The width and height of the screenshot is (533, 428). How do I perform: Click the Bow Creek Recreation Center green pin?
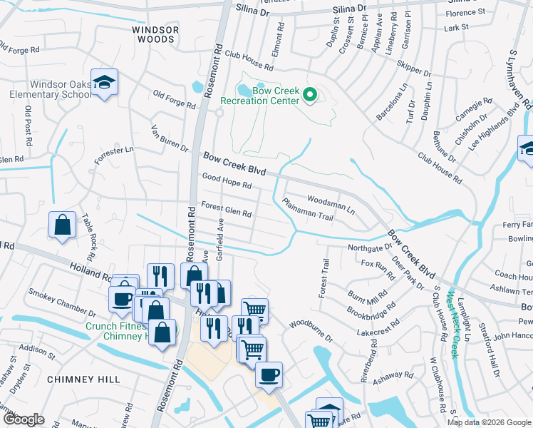pyautogui.click(x=310, y=93)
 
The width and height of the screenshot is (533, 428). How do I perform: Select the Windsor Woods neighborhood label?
pyautogui.click(x=154, y=34)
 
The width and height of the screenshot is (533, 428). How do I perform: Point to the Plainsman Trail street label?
pyautogui.click(x=308, y=210)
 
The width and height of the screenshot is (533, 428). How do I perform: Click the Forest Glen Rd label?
pyautogui.click(x=227, y=210)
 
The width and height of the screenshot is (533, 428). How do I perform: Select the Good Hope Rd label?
pyautogui.click(x=227, y=181)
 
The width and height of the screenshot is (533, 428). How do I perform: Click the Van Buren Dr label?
pyautogui.click(x=169, y=138)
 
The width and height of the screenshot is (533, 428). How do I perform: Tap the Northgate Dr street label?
pyautogui.click(x=370, y=248)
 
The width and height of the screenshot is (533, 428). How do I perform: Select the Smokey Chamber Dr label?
pyautogui.click(x=61, y=302)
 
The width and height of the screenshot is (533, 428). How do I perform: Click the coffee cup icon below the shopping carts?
pyautogui.click(x=269, y=374)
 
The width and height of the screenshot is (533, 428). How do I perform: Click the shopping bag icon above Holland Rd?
pyautogui.click(x=63, y=225)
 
